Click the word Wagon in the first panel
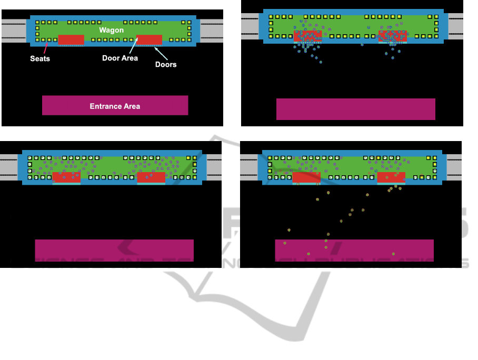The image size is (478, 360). [x=112, y=30]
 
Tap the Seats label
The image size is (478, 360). [x=40, y=58]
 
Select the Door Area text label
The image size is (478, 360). [x=120, y=58]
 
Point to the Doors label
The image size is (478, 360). [x=166, y=64]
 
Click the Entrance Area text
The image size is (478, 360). [x=115, y=106]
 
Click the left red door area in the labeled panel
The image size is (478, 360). [x=71, y=39]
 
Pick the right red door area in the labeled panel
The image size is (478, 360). [x=150, y=39]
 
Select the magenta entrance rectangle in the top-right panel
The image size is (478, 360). [x=355, y=109]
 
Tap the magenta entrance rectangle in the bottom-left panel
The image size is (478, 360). [x=114, y=250]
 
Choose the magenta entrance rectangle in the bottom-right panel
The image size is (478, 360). [x=354, y=250]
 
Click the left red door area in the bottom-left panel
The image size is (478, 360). [x=66, y=177]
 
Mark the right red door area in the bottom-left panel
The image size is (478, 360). [x=151, y=177]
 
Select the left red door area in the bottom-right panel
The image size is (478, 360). [x=306, y=177]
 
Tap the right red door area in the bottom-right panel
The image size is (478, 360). [x=391, y=177]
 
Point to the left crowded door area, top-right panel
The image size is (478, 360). [x=307, y=36]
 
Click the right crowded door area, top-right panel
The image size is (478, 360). [x=392, y=36]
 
